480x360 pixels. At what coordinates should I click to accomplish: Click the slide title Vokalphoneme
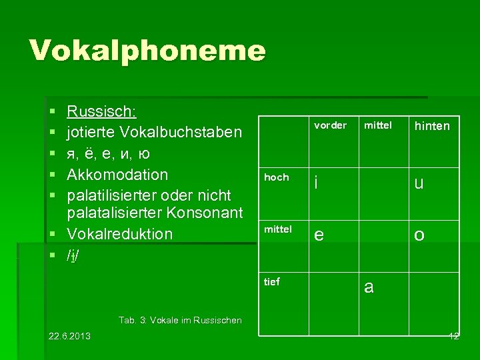[x=147, y=51]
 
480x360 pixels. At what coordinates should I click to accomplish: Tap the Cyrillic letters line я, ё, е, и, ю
[x=108, y=153]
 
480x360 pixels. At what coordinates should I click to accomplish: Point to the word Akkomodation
[x=117, y=175]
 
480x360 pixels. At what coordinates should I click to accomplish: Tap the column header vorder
[x=330, y=125]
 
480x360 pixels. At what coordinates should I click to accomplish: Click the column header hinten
[x=432, y=126]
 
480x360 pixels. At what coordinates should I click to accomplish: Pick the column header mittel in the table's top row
[x=379, y=125]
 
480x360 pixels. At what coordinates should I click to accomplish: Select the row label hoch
[x=277, y=177]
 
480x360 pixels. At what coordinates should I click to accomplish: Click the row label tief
[x=272, y=281]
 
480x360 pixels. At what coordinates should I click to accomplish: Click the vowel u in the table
[x=419, y=183]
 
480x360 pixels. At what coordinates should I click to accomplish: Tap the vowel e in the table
[x=319, y=235]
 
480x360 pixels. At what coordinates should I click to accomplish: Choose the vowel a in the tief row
[x=369, y=287]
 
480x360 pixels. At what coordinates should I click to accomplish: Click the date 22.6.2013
[x=70, y=335]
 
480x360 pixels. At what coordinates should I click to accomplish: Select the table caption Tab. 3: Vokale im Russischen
[x=180, y=321]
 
